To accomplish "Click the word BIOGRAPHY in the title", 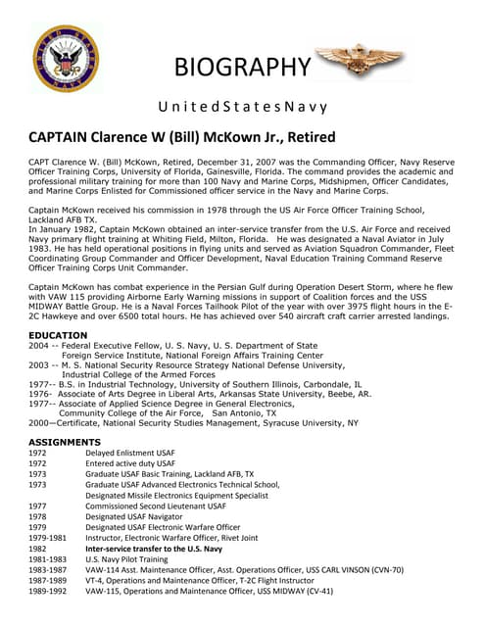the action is [241, 67].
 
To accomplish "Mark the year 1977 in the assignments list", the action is [38, 506].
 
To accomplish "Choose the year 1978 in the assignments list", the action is [38, 517].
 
